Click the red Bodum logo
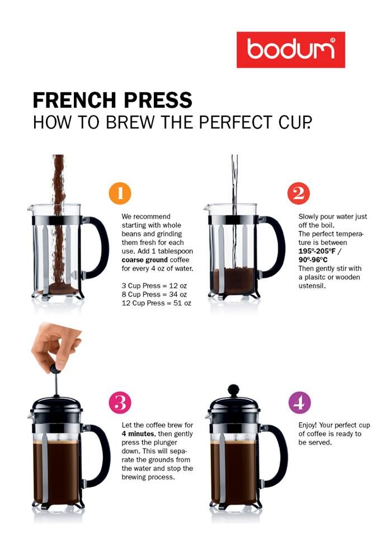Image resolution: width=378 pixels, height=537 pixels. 291,50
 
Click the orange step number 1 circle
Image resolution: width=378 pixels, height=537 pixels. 120,194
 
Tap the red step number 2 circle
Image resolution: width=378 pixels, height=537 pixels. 299,194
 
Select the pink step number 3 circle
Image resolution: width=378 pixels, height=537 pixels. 120,402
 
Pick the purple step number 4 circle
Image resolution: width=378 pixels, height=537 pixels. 300,402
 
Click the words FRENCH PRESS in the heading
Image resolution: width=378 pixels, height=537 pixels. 112,100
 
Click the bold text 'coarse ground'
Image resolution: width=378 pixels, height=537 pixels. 144,260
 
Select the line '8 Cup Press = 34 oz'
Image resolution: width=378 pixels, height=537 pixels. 154,294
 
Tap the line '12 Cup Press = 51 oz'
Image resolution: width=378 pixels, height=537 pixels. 156,303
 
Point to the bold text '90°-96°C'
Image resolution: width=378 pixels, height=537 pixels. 313,260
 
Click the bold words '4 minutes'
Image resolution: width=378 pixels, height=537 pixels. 138,434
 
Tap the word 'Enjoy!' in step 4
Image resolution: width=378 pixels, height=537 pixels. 308,425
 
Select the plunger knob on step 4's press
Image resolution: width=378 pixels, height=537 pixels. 234,390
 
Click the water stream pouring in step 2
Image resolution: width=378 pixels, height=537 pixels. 234,213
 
